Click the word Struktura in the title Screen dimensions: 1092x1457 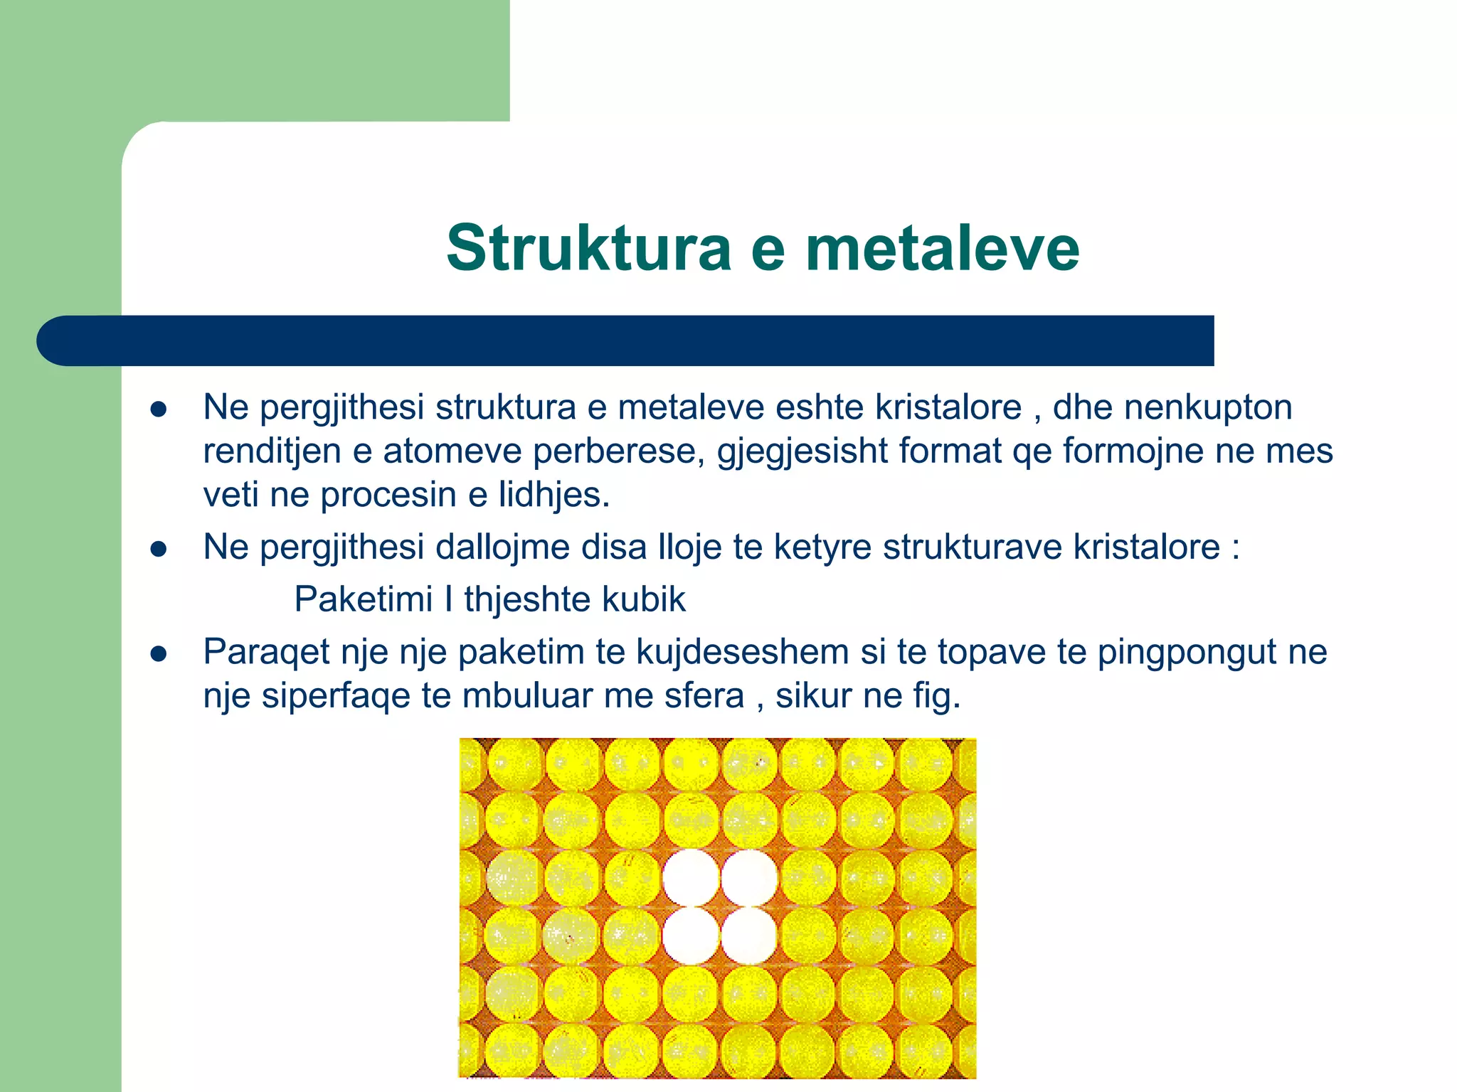tap(588, 248)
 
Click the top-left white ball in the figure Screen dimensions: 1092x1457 tap(691, 877)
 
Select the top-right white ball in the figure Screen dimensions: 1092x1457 tap(749, 877)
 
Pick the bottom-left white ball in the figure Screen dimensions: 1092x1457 tap(691, 936)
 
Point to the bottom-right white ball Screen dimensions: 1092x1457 tap(749, 936)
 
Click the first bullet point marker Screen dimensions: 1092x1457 tap(158, 410)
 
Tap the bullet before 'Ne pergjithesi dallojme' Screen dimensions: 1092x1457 tap(158, 549)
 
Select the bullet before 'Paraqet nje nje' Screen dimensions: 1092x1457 tap(158, 654)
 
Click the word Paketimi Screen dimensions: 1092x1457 tap(363, 599)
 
